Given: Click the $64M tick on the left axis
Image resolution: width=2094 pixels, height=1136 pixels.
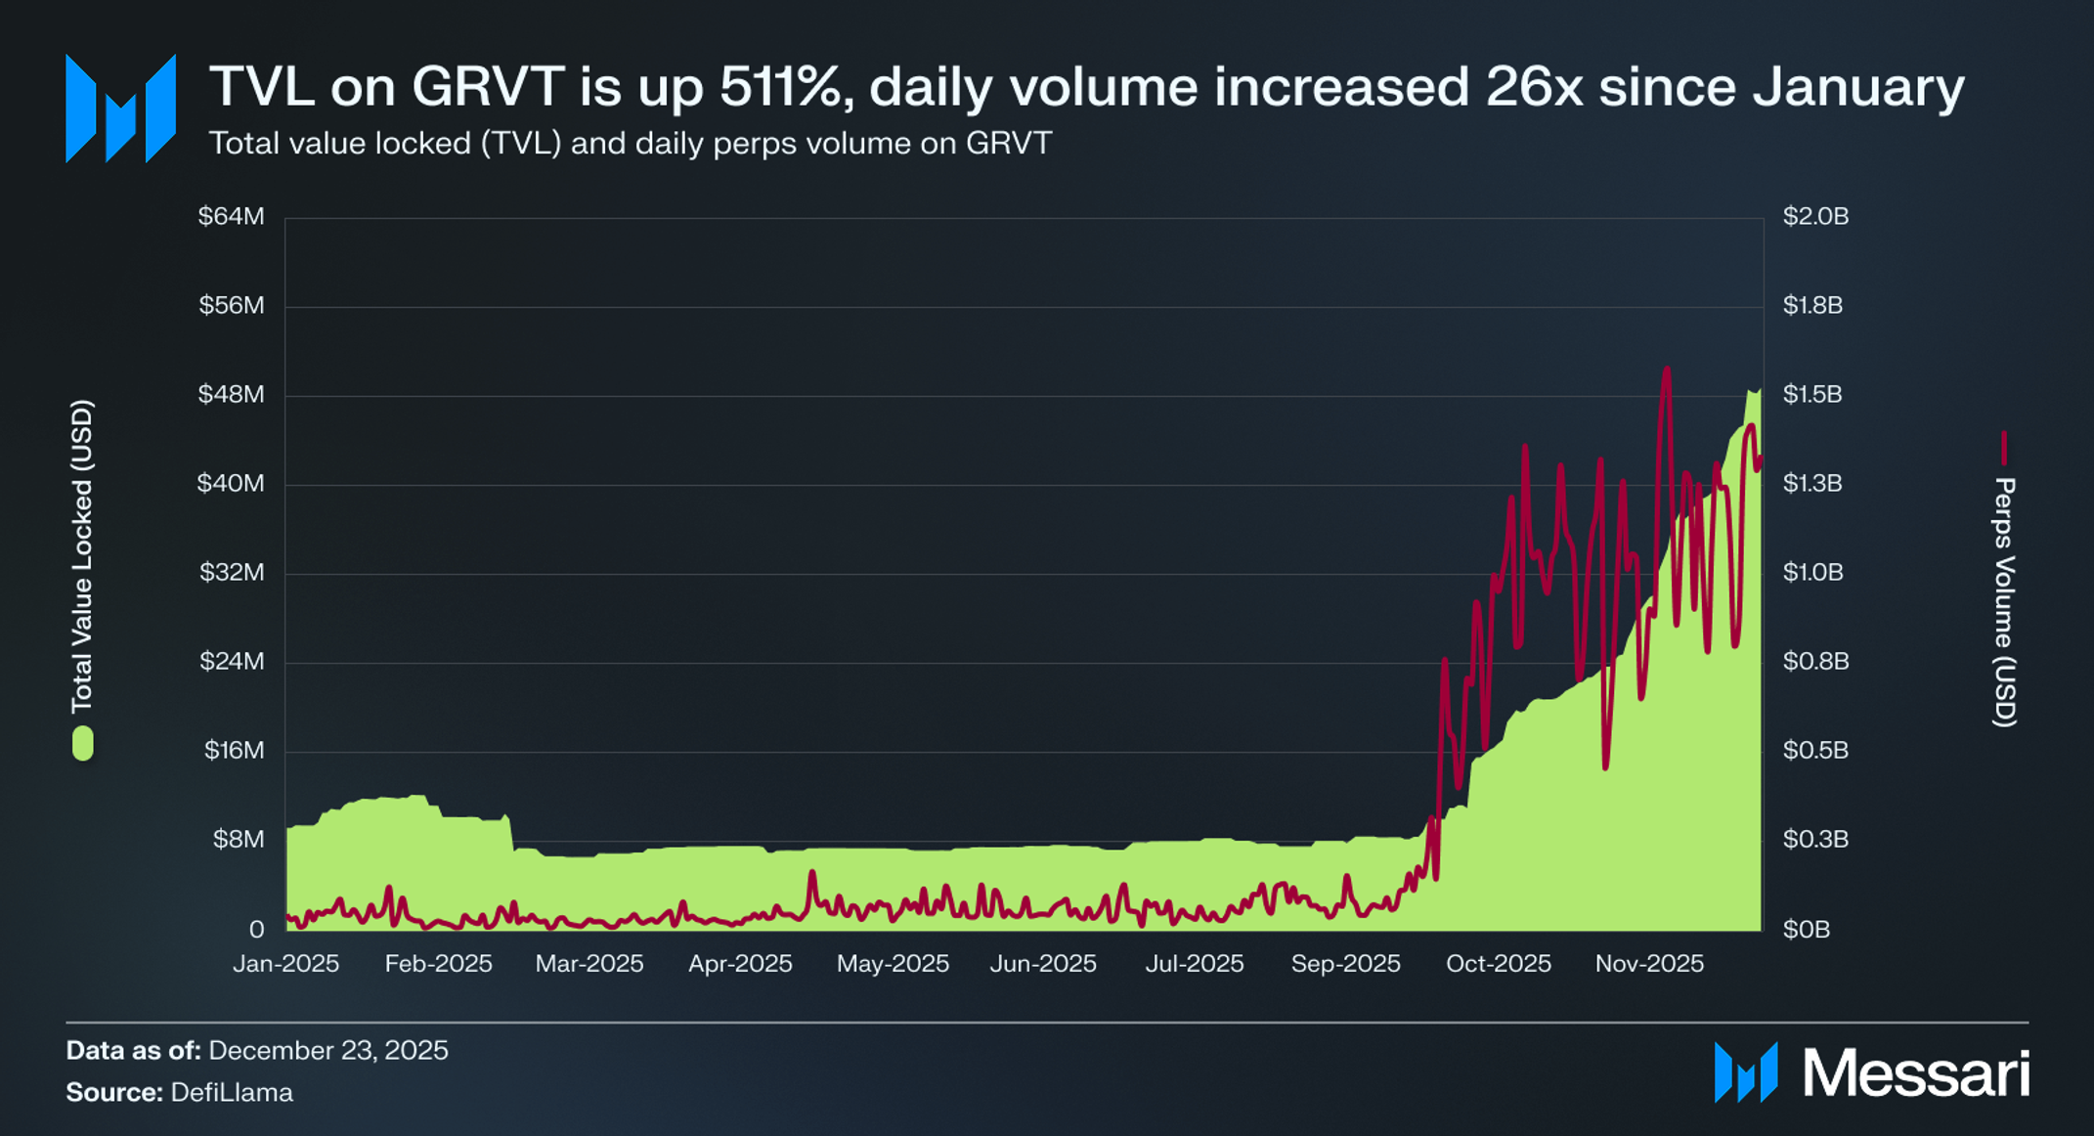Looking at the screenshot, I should click(231, 216).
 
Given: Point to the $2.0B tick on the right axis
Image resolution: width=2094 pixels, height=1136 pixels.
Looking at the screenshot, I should click(1815, 216).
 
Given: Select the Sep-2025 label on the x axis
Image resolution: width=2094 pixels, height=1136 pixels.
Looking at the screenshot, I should click(1345, 963).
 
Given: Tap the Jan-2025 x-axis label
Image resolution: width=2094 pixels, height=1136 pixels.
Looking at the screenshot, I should click(285, 963).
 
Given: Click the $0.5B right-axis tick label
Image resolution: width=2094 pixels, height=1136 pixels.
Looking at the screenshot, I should click(1815, 750).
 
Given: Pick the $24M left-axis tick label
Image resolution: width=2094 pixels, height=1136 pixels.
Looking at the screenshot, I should click(231, 661).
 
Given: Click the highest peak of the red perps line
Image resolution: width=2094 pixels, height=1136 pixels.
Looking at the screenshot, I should click(1666, 370).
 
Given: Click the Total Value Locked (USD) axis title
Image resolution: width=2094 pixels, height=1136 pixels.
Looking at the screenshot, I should click(82, 555).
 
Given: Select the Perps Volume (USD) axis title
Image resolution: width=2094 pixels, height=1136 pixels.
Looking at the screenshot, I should click(2003, 601).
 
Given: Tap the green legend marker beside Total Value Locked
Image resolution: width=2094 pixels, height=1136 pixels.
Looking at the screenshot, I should click(83, 743).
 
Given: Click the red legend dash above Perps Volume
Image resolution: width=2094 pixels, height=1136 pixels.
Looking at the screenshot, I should click(2003, 448).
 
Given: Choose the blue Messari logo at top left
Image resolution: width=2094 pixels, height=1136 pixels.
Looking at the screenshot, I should click(120, 109).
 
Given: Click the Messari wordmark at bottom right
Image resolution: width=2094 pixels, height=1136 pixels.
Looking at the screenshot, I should click(1914, 1073).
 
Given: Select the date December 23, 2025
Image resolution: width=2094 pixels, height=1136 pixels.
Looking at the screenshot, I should click(327, 1050).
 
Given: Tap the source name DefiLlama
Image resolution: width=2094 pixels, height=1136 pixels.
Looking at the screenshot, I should click(232, 1092).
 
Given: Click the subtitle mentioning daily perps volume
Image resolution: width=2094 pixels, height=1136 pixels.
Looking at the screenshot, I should click(630, 144).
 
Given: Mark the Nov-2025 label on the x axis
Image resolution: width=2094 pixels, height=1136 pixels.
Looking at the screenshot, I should click(1649, 963).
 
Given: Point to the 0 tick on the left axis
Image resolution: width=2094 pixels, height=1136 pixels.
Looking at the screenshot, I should click(256, 929).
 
